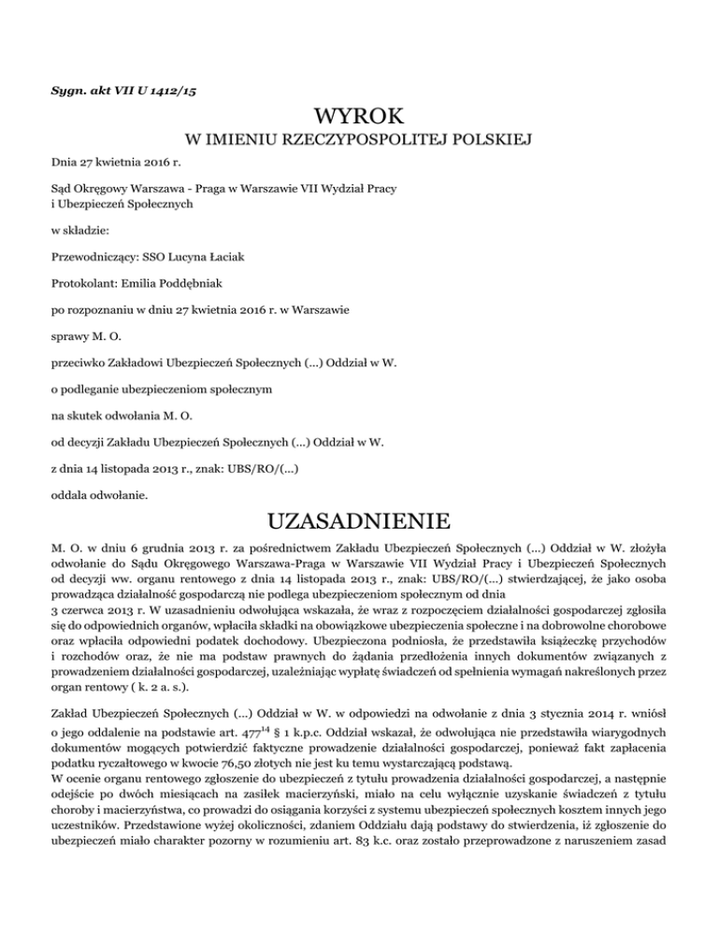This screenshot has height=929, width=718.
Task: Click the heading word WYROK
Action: [x=359, y=119]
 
